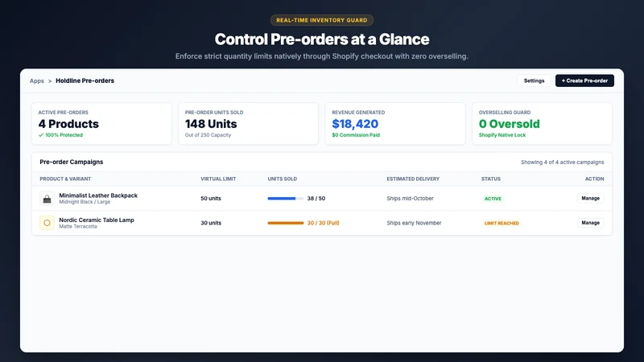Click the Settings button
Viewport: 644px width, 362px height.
coord(534,81)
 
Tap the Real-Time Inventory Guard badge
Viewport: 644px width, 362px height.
coord(321,20)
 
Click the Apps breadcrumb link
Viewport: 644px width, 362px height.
coord(36,81)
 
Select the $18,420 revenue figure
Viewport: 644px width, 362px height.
coord(355,124)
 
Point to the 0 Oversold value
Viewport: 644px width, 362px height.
coord(510,124)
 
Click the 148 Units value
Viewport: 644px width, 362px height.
coord(211,124)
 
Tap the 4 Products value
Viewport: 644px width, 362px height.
coord(68,124)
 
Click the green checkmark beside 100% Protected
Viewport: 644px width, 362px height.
coord(41,135)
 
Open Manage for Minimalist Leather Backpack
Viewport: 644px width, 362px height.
coord(590,198)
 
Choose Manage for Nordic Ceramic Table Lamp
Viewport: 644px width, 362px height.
coord(590,223)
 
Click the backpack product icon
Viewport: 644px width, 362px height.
coord(47,199)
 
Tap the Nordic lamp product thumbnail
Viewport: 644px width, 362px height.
coord(47,223)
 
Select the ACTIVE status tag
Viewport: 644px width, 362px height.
coord(493,199)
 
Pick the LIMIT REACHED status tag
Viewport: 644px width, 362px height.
coord(502,224)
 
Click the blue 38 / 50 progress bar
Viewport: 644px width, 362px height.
coord(286,199)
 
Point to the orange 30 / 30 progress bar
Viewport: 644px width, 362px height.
coord(286,224)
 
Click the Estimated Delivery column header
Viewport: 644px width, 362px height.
coord(413,179)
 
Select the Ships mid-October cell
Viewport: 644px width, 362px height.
coord(410,198)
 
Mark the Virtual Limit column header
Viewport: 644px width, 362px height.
coord(218,179)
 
